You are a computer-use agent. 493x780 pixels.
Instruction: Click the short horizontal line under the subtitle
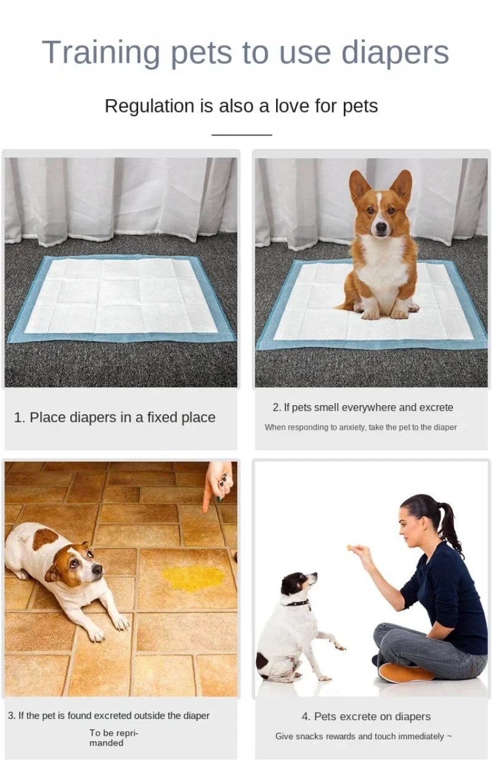point(242,134)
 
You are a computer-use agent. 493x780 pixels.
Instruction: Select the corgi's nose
point(381,230)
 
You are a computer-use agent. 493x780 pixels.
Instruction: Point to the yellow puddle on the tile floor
point(193,578)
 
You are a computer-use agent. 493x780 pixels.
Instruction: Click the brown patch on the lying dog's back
point(44,539)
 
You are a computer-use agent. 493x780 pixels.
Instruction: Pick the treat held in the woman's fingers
point(350,547)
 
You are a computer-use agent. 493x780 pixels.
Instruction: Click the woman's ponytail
point(448,526)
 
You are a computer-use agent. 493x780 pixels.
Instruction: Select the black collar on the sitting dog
point(297,603)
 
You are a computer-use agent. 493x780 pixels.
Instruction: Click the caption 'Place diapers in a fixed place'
point(115,417)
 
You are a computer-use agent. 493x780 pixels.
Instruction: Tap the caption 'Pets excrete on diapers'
point(366,717)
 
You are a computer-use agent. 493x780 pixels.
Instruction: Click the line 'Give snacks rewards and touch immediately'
point(363,736)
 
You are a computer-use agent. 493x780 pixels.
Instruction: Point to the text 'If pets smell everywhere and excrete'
point(363,408)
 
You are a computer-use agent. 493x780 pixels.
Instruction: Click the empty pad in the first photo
point(121,297)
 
